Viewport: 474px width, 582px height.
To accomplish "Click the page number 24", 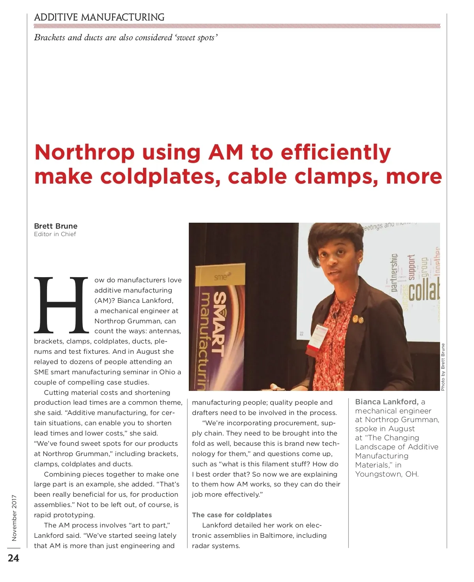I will click(x=13, y=558).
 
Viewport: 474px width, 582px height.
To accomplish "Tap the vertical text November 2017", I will click(x=14, y=518).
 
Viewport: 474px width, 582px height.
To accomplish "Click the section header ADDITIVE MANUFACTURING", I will click(x=99, y=17).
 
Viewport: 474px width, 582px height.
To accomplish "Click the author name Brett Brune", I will click(x=56, y=226).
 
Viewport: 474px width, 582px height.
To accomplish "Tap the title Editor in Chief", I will click(x=55, y=234).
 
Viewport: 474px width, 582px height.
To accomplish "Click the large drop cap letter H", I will click(x=61, y=305).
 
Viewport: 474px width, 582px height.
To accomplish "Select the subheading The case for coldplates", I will click(x=232, y=515).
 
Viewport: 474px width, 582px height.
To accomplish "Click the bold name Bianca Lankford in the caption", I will click(x=386, y=402).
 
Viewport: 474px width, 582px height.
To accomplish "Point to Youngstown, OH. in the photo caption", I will click(x=387, y=474).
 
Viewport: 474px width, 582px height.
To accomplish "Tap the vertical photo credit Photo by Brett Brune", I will click(x=443, y=367).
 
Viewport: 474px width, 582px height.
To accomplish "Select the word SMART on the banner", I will click(x=220, y=324).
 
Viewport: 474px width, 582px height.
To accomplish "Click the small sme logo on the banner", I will click(x=220, y=277).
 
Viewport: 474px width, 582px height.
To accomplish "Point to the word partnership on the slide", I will click(x=394, y=273).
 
